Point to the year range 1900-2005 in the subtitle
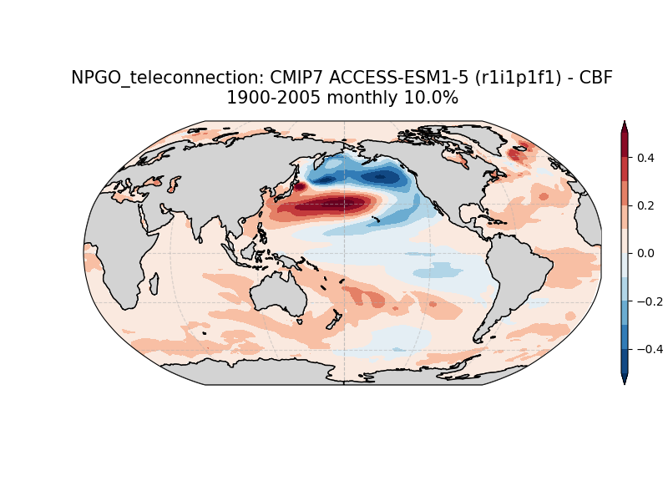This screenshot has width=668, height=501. point(273,98)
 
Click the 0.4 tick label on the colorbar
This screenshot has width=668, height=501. point(645,158)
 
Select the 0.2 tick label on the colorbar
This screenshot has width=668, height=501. point(645,205)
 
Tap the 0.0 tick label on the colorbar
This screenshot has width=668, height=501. point(645,254)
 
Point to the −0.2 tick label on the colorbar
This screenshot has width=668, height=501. point(650,301)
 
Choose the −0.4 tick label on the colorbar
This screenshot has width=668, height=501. point(650,349)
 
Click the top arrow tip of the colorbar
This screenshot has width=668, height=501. point(625,121)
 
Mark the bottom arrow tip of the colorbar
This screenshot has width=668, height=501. point(625,384)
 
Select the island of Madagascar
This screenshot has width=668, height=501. point(154,284)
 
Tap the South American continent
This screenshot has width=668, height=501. point(515,277)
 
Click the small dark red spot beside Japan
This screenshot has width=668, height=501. point(301,186)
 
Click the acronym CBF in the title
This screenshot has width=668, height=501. point(597,78)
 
